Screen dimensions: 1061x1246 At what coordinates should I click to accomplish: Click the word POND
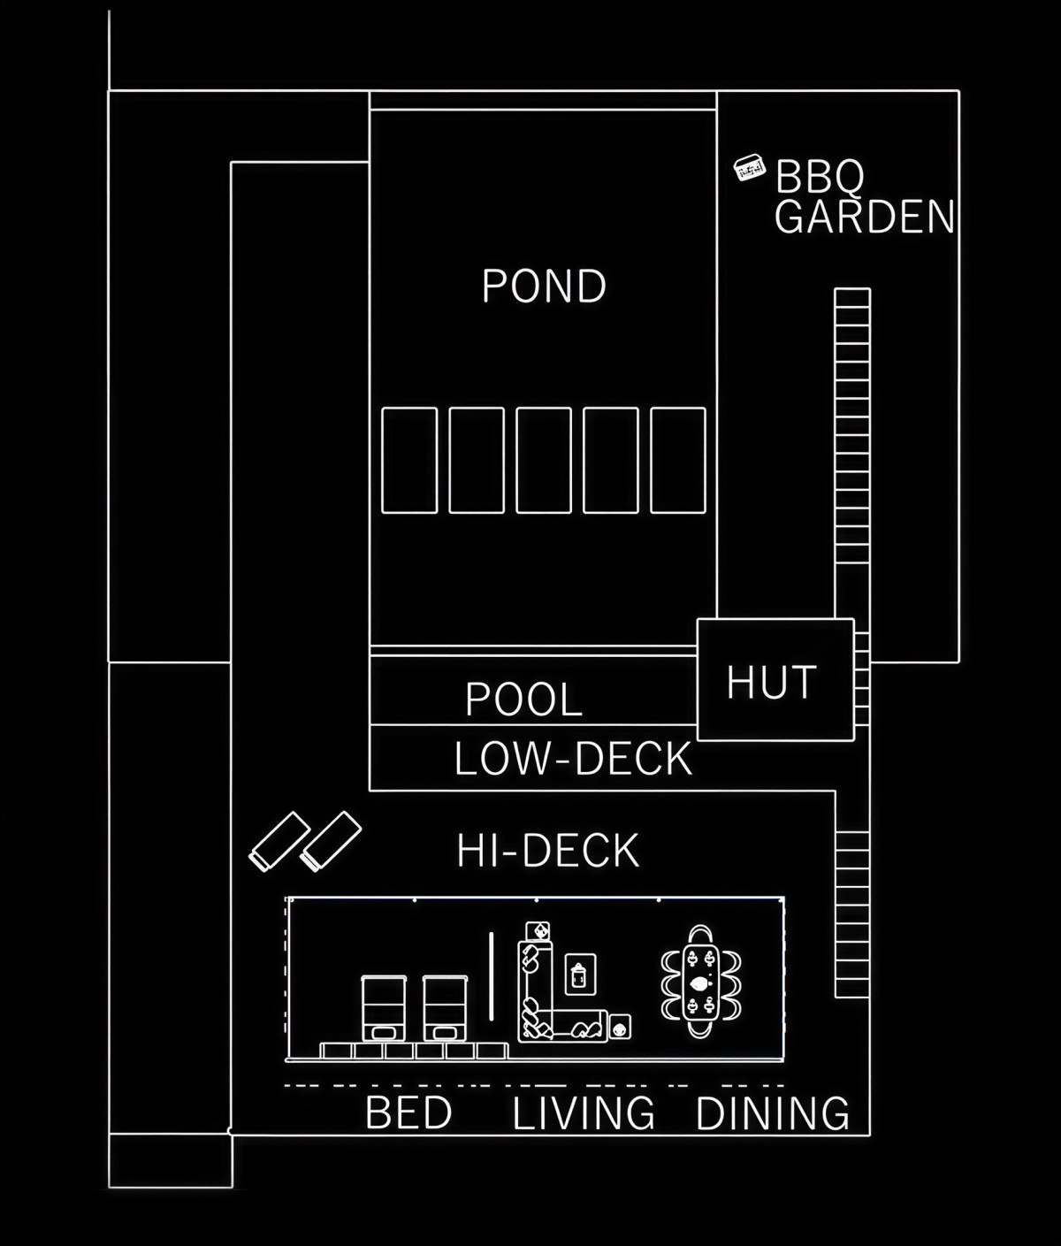pyautogui.click(x=544, y=286)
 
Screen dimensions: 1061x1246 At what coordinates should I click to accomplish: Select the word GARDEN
pyautogui.click(x=865, y=217)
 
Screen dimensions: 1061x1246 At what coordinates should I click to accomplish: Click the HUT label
pyautogui.click(x=772, y=683)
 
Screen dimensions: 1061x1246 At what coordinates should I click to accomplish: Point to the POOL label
pyautogui.click(x=523, y=699)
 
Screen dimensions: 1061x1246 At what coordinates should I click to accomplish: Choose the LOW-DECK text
pyautogui.click(x=573, y=759)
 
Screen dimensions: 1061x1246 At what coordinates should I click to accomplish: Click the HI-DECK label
pyautogui.click(x=548, y=851)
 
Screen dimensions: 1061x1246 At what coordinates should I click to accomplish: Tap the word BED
pyautogui.click(x=408, y=1112)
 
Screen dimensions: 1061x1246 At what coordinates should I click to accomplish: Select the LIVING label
pyautogui.click(x=584, y=1112)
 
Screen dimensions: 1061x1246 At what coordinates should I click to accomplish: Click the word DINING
pyautogui.click(x=773, y=1112)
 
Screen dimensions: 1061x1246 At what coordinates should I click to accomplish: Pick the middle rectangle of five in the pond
pyautogui.click(x=544, y=461)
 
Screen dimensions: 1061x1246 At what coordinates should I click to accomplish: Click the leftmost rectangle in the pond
pyautogui.click(x=409, y=461)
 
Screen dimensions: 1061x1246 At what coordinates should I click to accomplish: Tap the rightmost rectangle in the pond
pyautogui.click(x=677, y=461)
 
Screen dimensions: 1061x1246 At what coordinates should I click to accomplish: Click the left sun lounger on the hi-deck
pyautogui.click(x=279, y=842)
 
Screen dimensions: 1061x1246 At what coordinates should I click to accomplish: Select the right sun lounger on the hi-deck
pyautogui.click(x=331, y=842)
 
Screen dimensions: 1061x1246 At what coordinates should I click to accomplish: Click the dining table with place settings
pyautogui.click(x=700, y=982)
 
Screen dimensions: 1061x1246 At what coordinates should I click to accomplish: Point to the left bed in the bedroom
pyautogui.click(x=384, y=1008)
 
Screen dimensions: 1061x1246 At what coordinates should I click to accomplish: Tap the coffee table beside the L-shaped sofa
pyautogui.click(x=580, y=975)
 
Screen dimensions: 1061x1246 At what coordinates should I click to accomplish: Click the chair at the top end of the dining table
pyautogui.click(x=700, y=935)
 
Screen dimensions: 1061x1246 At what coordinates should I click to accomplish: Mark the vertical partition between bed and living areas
pyautogui.click(x=492, y=976)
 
